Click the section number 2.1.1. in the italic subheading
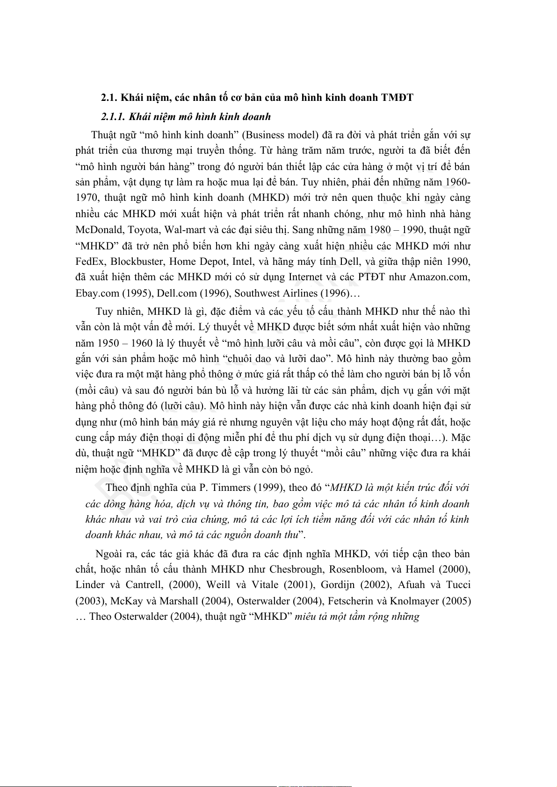pos(113,117)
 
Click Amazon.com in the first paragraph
pos(439,277)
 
